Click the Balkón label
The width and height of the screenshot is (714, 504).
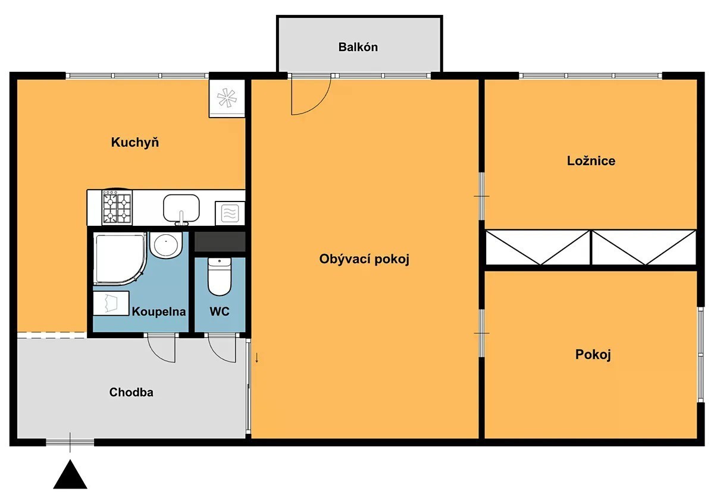click(x=358, y=47)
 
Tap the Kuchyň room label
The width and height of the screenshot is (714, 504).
click(x=135, y=142)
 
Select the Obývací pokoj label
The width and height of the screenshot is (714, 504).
click(x=364, y=259)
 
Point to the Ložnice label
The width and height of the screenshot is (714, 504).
click(x=591, y=161)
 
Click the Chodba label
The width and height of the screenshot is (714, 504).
click(x=131, y=392)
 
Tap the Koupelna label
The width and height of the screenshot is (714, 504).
click(x=159, y=311)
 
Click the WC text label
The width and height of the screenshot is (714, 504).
click(x=220, y=311)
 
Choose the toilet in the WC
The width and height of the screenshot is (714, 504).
click(x=220, y=276)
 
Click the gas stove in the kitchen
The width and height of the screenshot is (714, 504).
click(x=117, y=207)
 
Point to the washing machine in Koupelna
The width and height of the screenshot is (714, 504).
click(x=111, y=303)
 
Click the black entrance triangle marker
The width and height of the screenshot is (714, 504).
click(x=70, y=474)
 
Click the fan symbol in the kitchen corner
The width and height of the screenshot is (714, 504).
click(x=227, y=98)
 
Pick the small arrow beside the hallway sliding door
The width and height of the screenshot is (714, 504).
click(x=257, y=358)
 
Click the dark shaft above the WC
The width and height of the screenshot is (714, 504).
click(x=220, y=242)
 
